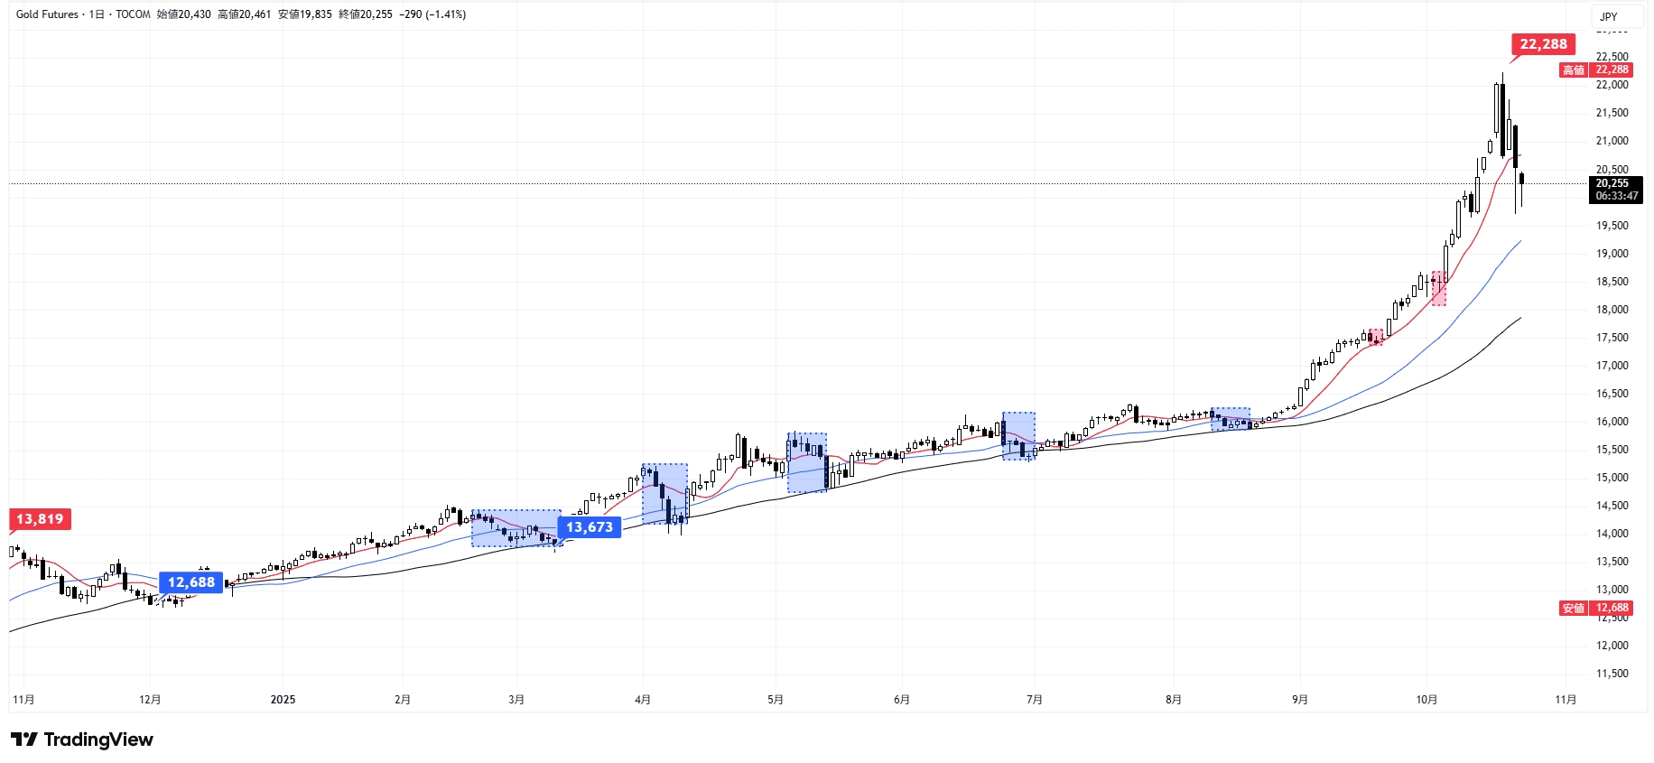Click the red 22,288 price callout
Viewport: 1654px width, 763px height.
pos(1543,44)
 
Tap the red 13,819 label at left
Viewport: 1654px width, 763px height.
pos(40,519)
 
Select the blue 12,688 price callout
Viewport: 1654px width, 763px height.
pos(190,582)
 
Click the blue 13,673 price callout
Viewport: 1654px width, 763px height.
pos(590,527)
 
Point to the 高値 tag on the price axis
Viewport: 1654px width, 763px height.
pos(1574,70)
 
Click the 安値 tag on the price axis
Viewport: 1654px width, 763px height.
pos(1574,609)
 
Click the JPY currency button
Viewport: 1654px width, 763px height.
pos(1609,16)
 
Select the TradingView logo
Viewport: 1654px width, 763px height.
pos(83,740)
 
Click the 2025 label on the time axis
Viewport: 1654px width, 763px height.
pos(283,700)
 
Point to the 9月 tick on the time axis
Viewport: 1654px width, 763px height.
pos(1299,700)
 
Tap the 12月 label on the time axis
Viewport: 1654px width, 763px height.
pos(150,700)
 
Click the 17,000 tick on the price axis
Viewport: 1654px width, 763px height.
pos(1612,366)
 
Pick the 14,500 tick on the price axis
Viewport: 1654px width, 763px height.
pos(1612,506)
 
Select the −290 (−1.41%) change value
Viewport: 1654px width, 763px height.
pos(432,14)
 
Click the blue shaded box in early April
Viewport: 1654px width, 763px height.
pos(664,494)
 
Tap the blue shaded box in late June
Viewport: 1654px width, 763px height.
pos(1018,436)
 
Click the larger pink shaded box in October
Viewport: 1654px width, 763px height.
pos(1438,288)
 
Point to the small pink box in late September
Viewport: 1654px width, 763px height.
pos(1375,337)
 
